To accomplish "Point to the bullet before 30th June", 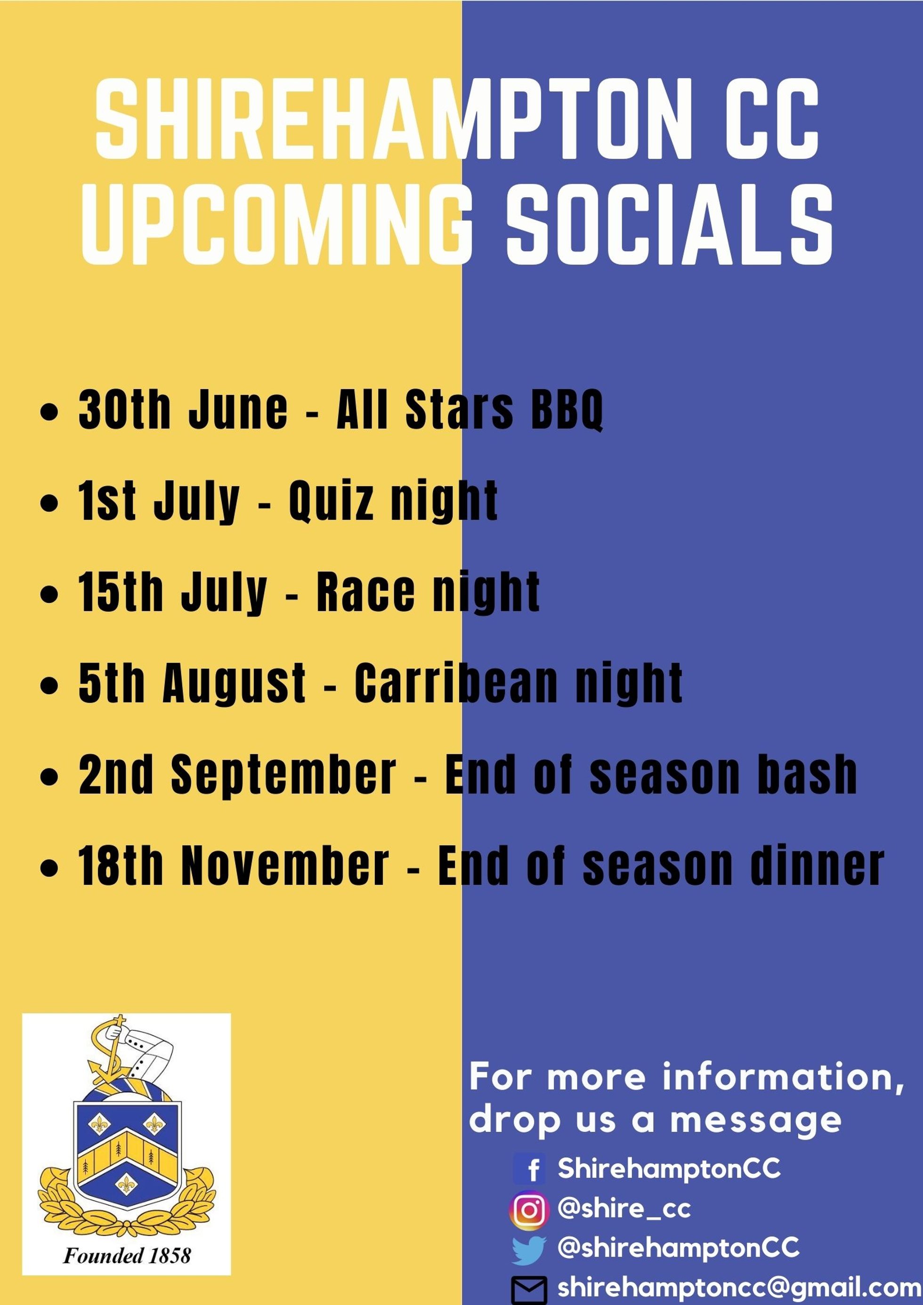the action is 50,411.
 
